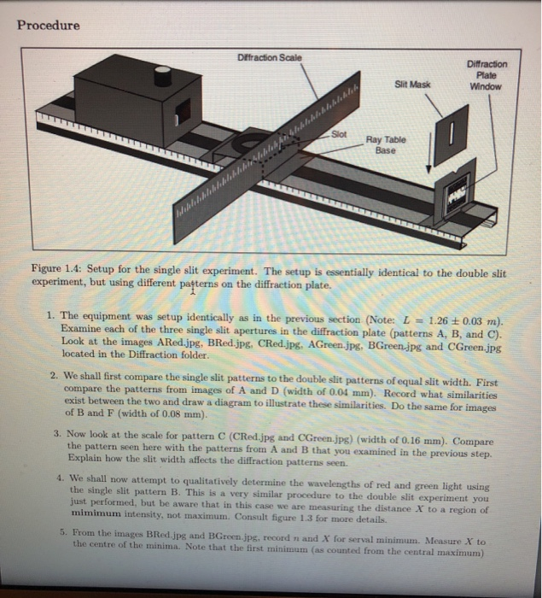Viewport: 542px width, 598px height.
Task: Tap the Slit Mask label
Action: click(x=413, y=84)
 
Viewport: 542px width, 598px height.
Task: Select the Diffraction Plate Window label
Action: click(x=487, y=74)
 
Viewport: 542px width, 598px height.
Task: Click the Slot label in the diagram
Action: click(x=340, y=134)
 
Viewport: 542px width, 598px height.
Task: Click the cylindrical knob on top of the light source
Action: click(x=162, y=76)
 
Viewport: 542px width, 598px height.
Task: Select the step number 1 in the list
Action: click(x=52, y=317)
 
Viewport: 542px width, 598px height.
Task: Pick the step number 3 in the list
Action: click(x=55, y=433)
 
